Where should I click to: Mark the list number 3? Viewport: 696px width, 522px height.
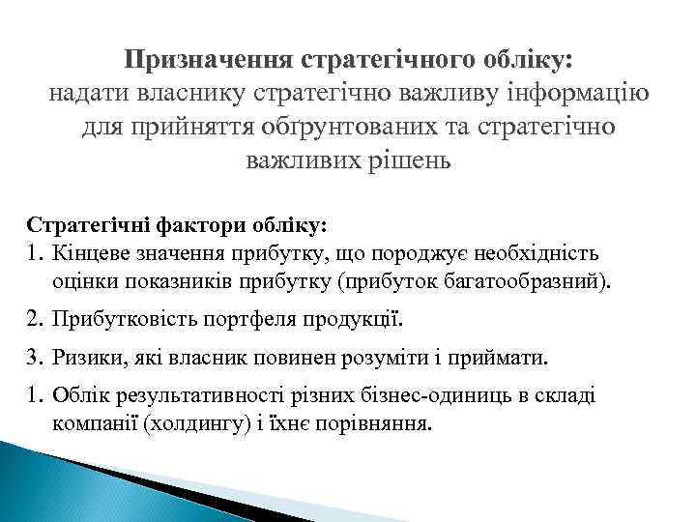(x=35, y=359)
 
